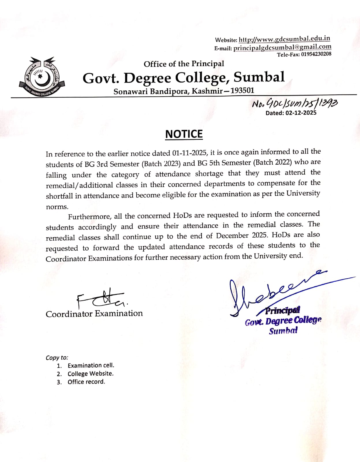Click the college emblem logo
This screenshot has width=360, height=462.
42,77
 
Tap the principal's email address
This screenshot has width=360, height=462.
282,47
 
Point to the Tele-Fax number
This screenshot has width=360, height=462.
316,54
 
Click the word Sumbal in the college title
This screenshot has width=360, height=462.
259,77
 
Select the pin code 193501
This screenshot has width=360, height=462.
243,91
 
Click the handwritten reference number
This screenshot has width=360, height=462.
294,103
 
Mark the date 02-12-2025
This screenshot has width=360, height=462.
301,113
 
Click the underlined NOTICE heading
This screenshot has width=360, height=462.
184,134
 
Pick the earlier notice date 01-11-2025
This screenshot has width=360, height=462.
189,153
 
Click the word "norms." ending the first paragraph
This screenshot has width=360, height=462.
57,207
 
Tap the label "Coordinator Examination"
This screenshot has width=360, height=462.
94,314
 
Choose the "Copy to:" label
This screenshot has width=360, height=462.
57,357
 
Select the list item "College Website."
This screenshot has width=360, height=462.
90,374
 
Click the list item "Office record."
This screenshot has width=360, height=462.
86,382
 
